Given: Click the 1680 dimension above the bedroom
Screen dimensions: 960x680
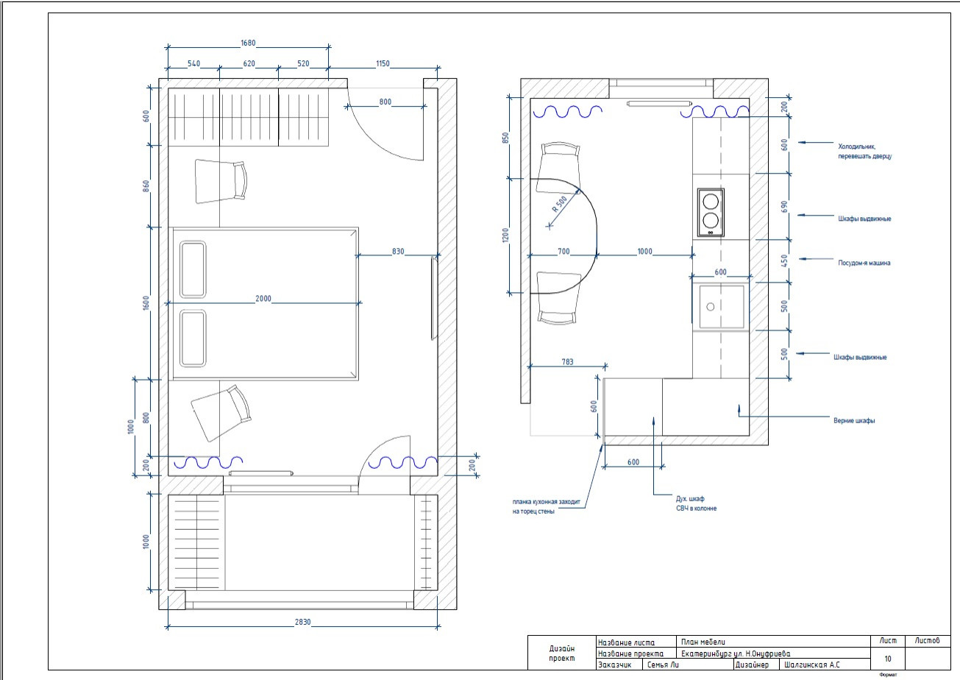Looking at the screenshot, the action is (x=248, y=43).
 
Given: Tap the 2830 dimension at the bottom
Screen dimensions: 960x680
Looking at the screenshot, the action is (x=302, y=622).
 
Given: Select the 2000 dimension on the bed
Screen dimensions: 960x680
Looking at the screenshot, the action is (x=263, y=298).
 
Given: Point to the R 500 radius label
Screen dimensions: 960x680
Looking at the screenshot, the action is (x=559, y=204).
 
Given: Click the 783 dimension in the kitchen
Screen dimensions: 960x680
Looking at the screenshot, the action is (x=567, y=362).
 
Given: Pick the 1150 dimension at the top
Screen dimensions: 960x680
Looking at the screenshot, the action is (x=383, y=63).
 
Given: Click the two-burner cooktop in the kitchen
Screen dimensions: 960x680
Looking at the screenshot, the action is (x=711, y=212).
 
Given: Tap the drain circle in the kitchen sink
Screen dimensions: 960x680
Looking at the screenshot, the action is (x=710, y=307).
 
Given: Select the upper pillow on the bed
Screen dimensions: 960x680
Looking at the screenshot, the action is (x=193, y=269).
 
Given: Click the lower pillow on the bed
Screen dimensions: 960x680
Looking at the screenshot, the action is (x=193, y=339).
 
